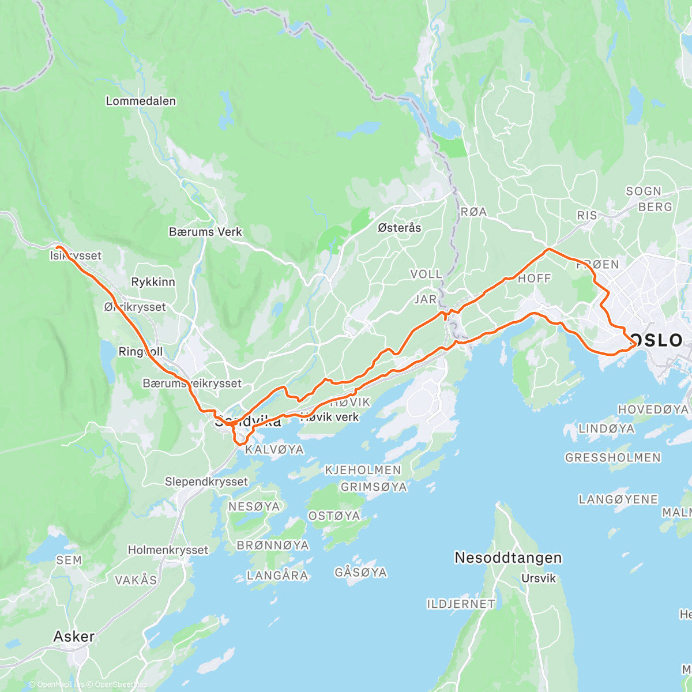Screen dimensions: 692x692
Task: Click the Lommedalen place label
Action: point(141,101)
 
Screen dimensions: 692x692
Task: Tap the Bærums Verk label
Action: point(205,232)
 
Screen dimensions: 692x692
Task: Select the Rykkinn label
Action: point(153,282)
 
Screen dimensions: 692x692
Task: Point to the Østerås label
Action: point(399,228)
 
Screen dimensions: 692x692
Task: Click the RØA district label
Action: point(473,212)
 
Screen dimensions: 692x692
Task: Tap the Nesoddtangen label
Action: point(508,558)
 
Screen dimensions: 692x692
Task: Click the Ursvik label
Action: point(538,578)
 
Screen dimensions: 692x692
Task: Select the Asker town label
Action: point(73,637)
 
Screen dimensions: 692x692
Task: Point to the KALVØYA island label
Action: point(274,449)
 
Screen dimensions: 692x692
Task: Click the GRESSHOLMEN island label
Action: point(612,457)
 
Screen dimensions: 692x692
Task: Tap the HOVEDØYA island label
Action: point(653,409)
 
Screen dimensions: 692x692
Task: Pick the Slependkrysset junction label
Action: point(206,482)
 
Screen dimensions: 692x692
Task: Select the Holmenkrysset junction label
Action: point(168,550)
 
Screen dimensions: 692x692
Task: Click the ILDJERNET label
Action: point(460,604)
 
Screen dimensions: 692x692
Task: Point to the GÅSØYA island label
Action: point(360,572)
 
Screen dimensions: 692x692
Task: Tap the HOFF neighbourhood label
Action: point(534,278)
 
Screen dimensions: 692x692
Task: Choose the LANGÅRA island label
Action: point(277,575)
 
